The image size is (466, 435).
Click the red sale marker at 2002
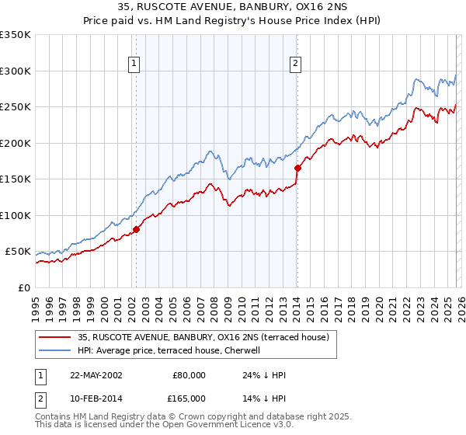[x=136, y=229]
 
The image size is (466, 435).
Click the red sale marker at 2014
[x=297, y=167]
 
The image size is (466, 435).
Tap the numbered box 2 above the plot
[x=297, y=64]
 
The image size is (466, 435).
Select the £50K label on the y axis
[x=18, y=252]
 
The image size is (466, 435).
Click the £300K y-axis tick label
[x=15, y=71]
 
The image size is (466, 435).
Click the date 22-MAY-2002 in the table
[x=96, y=375]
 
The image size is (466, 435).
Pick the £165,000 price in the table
[x=189, y=398]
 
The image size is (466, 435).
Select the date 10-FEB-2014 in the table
[x=96, y=398]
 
